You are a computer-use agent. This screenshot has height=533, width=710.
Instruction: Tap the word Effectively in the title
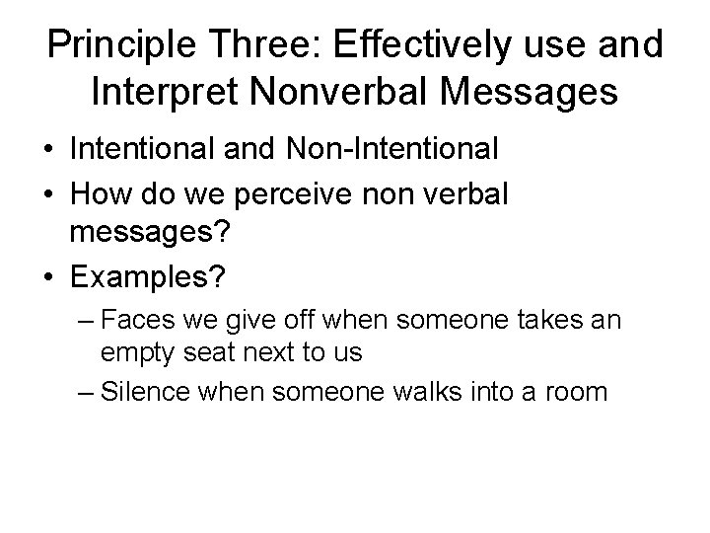416,46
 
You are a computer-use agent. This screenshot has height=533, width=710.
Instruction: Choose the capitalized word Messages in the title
543,94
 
